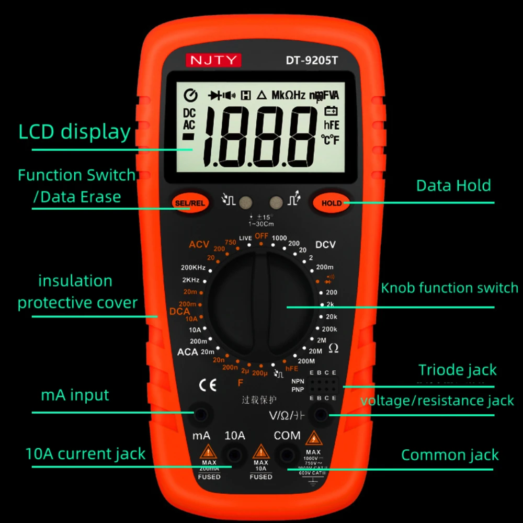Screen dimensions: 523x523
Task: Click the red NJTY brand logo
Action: [x=213, y=60]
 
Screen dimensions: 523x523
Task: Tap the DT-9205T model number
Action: [x=312, y=60]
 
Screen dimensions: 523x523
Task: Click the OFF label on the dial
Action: [x=261, y=236]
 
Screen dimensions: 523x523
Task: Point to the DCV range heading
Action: [x=325, y=245]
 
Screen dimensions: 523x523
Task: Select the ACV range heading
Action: [x=199, y=244]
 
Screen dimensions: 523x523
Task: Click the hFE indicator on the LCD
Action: [x=332, y=125]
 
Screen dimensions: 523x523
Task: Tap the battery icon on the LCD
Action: [x=331, y=111]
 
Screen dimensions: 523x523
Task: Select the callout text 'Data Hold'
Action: [x=453, y=186]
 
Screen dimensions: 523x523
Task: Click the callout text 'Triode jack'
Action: [x=457, y=370]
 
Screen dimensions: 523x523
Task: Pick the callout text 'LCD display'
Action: [x=74, y=132]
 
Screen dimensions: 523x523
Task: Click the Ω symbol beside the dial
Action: [x=333, y=348]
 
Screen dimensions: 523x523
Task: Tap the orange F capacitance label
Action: [x=241, y=383]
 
